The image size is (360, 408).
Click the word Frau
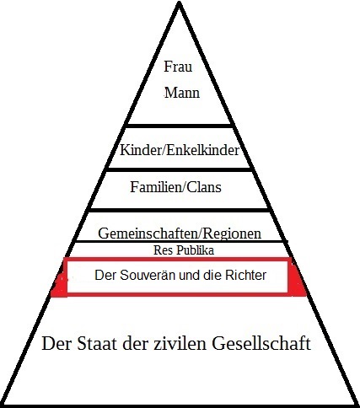178,67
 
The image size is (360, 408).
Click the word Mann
182,93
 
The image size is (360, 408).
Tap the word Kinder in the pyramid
139,150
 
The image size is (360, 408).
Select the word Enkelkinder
201,150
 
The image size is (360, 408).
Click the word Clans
204,187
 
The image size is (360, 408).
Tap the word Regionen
232,234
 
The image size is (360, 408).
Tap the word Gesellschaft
261,343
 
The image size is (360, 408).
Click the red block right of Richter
297,280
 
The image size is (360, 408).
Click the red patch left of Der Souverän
60,285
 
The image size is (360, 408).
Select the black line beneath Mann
179,126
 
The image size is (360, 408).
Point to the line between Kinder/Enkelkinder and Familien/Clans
179,169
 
